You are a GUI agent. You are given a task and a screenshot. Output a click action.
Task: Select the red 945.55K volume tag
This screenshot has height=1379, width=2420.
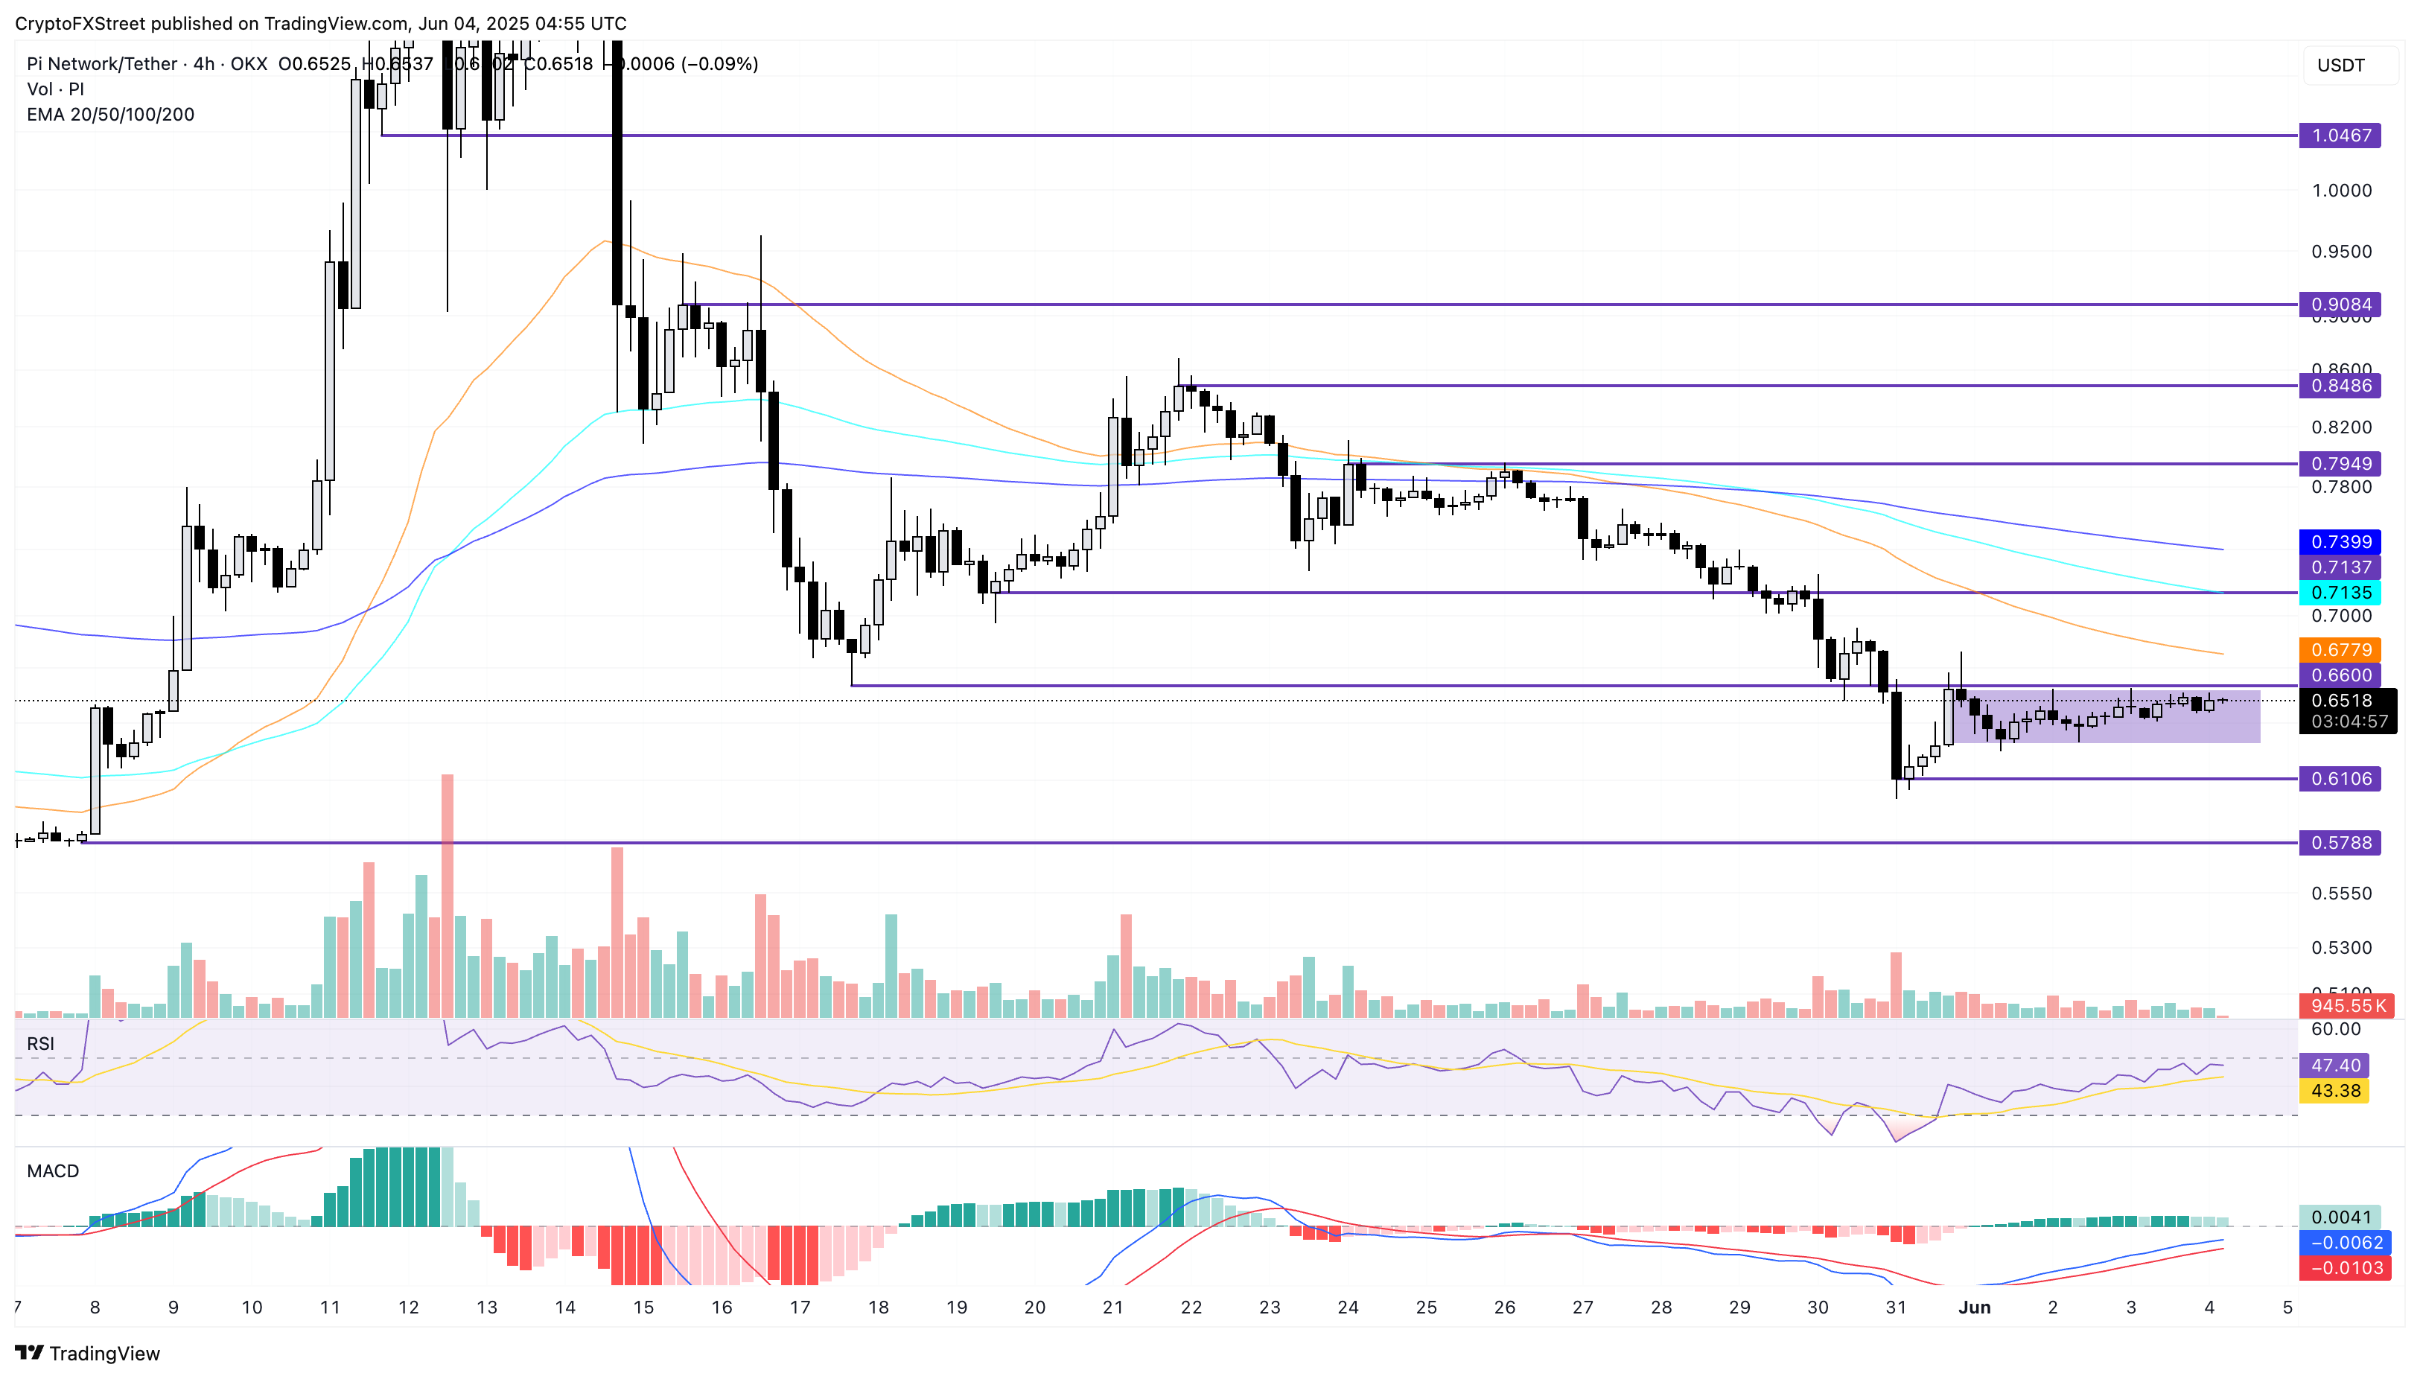pos(2346,1006)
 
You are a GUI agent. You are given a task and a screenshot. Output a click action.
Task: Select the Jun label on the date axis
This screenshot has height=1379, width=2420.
pos(1974,1308)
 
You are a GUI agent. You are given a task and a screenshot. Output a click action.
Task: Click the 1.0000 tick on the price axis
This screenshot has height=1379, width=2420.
pos(2340,191)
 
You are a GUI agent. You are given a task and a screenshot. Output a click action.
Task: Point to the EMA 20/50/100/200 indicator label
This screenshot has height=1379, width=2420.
pos(111,115)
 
